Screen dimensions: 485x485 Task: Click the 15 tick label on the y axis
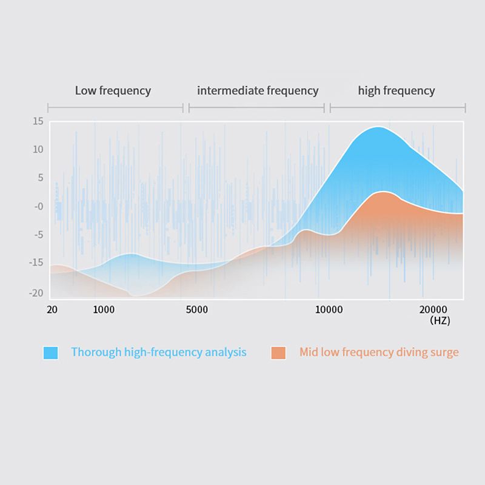(38, 121)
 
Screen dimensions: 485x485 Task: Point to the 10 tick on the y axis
(38, 149)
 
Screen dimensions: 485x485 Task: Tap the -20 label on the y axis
(36, 293)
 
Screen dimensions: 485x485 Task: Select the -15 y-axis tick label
(36, 263)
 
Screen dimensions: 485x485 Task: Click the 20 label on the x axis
(52, 309)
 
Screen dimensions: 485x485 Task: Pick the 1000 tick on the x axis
(104, 309)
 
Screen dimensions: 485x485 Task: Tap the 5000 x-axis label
(196, 309)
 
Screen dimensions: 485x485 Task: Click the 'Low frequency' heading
(113, 91)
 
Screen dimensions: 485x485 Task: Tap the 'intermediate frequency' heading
(258, 91)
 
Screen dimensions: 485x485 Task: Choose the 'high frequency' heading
(396, 91)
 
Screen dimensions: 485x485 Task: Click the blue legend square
(51, 352)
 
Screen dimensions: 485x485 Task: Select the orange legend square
(279, 352)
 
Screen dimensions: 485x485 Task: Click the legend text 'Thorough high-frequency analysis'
(159, 352)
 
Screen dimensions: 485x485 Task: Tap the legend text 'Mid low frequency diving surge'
(379, 352)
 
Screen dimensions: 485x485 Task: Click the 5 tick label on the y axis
(39, 178)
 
